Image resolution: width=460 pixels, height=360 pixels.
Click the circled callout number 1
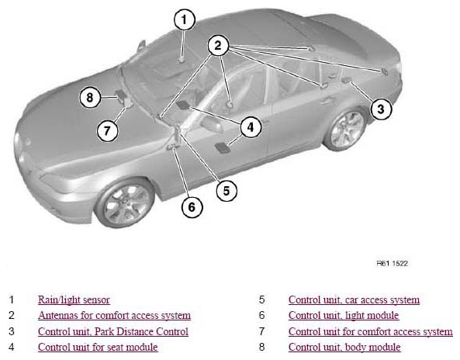pyautogui.click(x=185, y=19)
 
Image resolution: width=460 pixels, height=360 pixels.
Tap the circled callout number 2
pyautogui.click(x=218, y=46)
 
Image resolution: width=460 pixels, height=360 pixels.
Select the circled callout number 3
pyautogui.click(x=381, y=109)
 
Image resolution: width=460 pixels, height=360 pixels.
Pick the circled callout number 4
pyautogui.click(x=251, y=127)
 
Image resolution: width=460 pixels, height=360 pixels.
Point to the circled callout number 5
pyautogui.click(x=227, y=191)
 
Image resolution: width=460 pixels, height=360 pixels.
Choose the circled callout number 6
pyautogui.click(x=192, y=207)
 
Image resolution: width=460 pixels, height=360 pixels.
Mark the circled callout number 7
pyautogui.click(x=107, y=130)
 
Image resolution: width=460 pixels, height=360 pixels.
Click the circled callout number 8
pyautogui.click(x=90, y=97)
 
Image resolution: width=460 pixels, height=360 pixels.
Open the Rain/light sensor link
pyautogui.click(x=74, y=299)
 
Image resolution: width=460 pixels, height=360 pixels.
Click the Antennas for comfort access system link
pyautogui.click(x=114, y=316)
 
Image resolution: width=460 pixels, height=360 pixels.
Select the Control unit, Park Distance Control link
pyautogui.click(x=113, y=331)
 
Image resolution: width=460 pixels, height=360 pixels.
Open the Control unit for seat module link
pyautogui.click(x=98, y=348)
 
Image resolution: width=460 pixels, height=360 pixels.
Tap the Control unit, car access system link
pyautogui.click(x=354, y=299)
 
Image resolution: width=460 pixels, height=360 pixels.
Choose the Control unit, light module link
pyautogui.click(x=344, y=316)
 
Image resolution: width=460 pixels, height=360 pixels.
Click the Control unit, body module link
pyautogui.click(x=344, y=348)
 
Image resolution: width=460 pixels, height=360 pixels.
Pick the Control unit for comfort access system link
pyautogui.click(x=371, y=331)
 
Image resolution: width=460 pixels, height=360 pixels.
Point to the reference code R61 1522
pyautogui.click(x=393, y=263)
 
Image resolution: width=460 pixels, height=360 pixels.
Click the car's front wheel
pyautogui.click(x=125, y=202)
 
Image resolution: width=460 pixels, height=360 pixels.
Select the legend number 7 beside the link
pyautogui.click(x=261, y=331)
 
